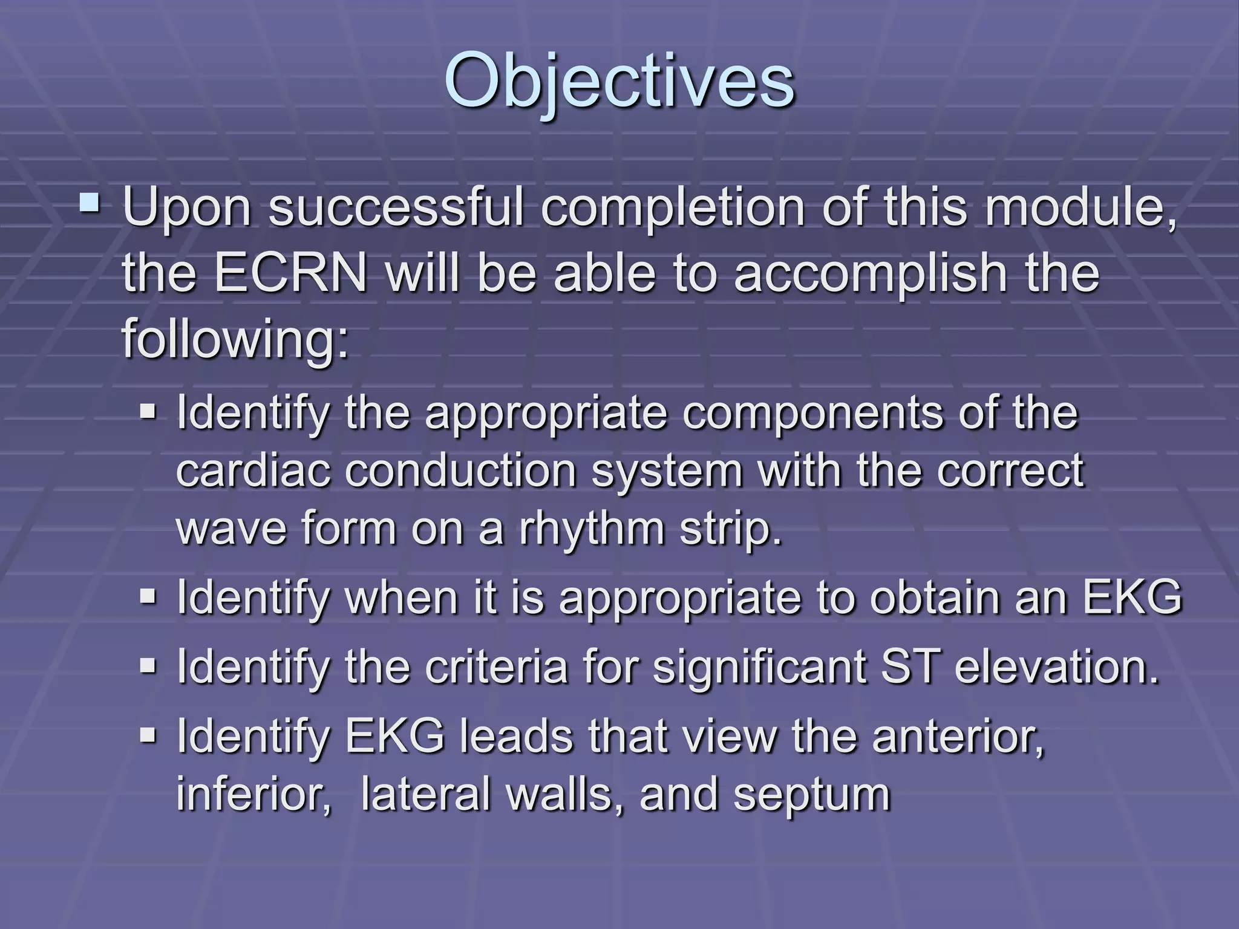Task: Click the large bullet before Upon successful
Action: point(90,202)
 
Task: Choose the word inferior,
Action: point(254,794)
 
